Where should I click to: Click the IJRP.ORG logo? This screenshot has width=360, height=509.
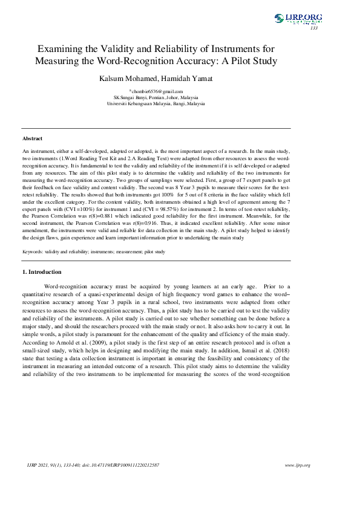tap(298, 19)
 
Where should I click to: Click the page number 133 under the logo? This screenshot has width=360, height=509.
tap(313, 28)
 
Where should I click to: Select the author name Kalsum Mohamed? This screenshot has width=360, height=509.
tap(124, 79)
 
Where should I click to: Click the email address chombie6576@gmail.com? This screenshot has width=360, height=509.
tap(157, 91)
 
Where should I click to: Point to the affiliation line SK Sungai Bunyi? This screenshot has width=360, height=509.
tap(155, 97)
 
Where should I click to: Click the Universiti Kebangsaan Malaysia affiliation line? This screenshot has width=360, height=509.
tap(155, 103)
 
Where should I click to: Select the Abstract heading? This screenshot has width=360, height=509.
tap(32, 138)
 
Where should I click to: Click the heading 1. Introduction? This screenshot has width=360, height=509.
tap(42, 272)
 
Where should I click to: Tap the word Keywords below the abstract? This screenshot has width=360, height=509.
tap(34, 251)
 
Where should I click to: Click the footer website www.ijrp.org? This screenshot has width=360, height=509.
tap(297, 465)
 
